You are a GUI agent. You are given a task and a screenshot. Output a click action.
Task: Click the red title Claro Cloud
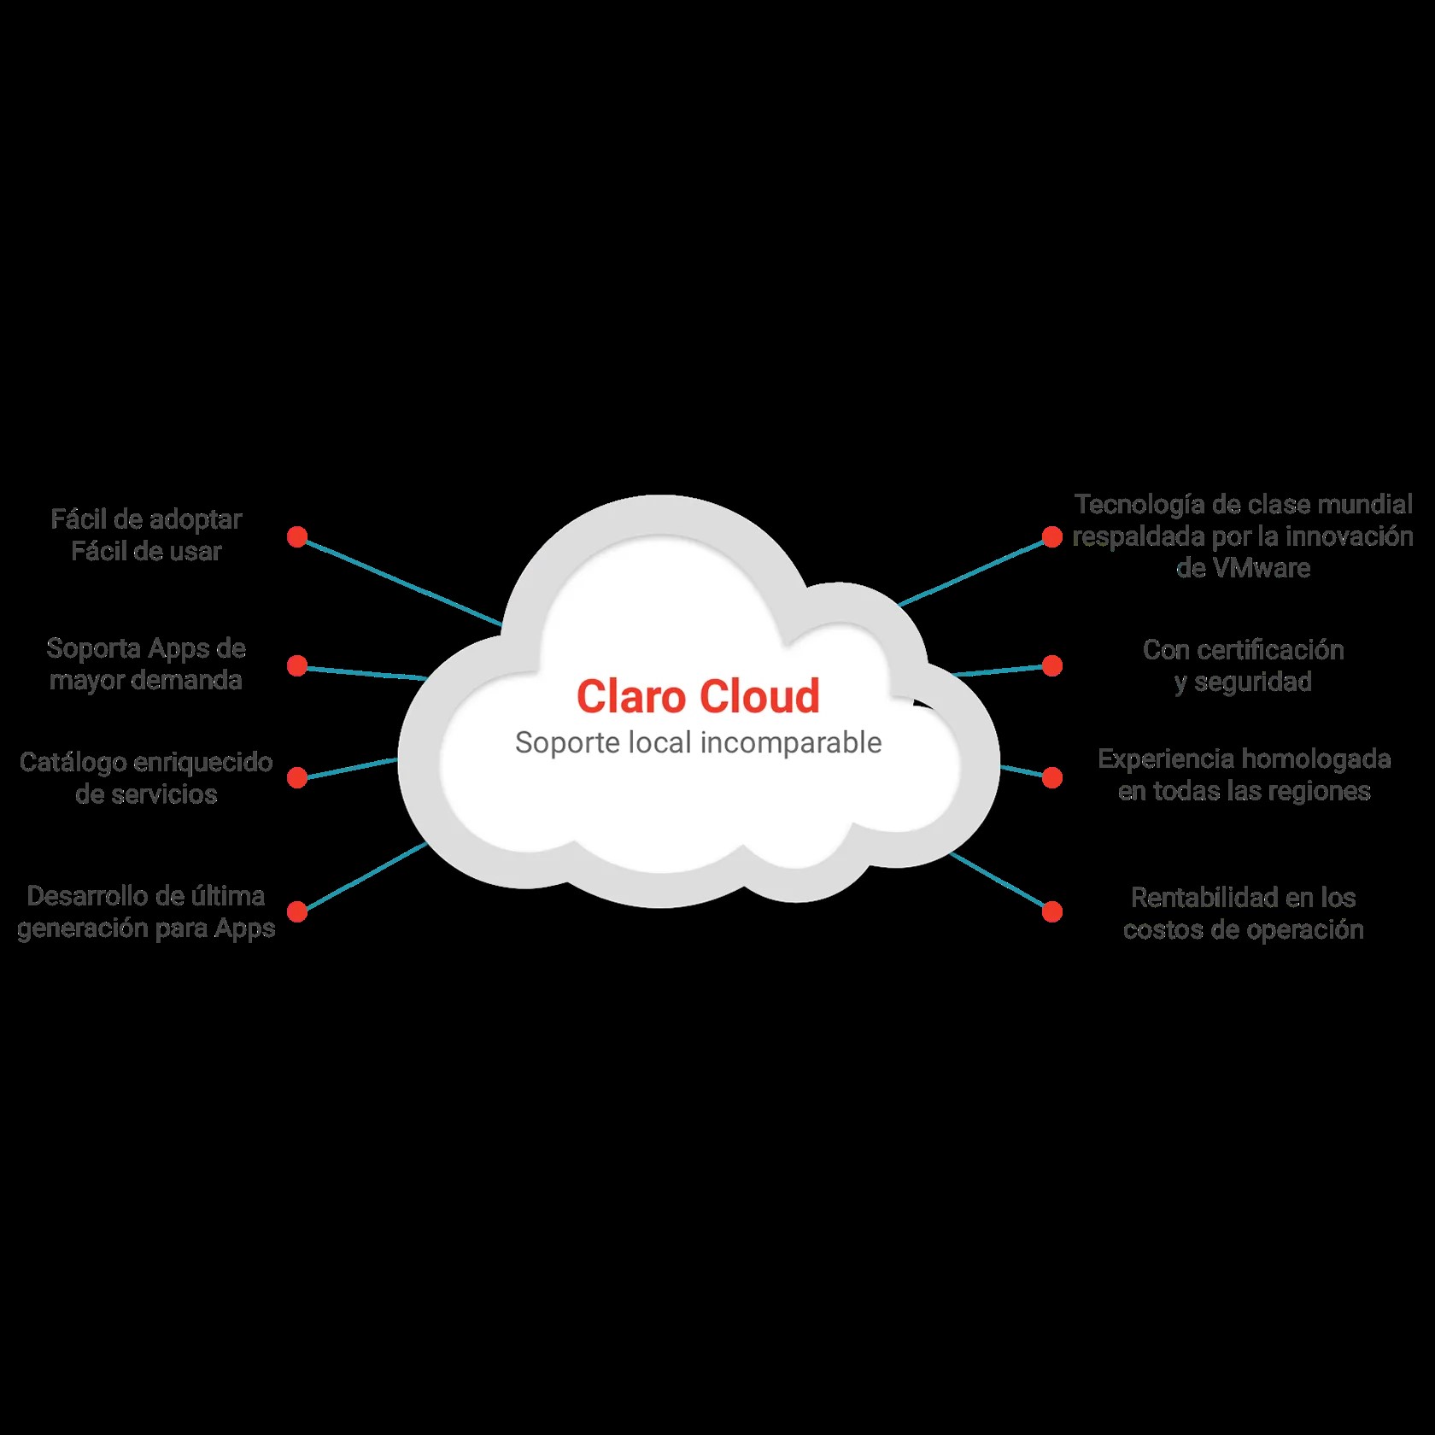coord(698,696)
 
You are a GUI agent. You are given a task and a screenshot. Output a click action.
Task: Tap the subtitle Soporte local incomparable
coord(698,742)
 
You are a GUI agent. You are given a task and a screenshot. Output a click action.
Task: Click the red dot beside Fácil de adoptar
coord(297,536)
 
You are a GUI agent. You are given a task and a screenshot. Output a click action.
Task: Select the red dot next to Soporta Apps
coord(297,665)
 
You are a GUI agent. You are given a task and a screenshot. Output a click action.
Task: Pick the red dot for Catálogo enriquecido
coord(297,777)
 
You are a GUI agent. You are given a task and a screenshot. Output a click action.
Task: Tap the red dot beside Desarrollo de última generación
coord(297,911)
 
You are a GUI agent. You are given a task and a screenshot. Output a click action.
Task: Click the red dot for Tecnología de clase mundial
coord(1052,536)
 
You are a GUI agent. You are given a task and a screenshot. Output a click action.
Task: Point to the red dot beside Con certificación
coord(1052,665)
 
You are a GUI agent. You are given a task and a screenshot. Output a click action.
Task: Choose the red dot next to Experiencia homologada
coord(1052,777)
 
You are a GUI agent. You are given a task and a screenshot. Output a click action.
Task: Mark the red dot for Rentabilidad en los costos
coord(1052,911)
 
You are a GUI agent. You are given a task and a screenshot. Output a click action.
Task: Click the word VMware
coord(1261,568)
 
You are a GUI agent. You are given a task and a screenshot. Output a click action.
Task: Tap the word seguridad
coord(1253,682)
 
